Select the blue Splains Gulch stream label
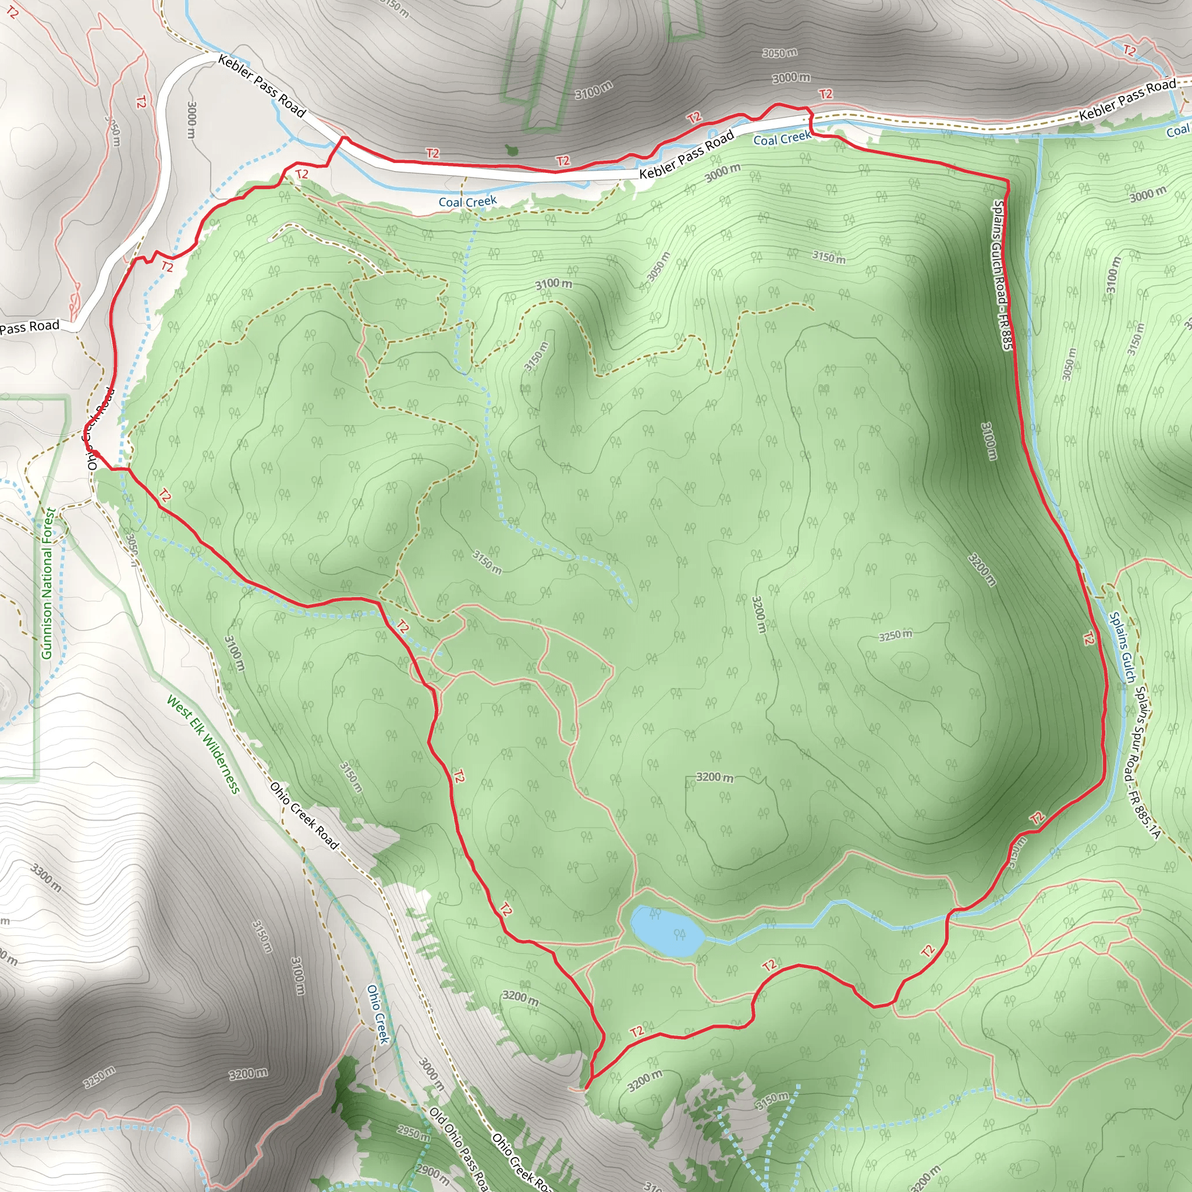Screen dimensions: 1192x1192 pyautogui.click(x=1122, y=647)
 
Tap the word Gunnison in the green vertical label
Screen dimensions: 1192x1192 pyautogui.click(x=47, y=629)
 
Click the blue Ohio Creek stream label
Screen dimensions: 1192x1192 pyautogui.click(x=378, y=1014)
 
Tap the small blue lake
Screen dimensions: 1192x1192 pyautogui.click(x=666, y=931)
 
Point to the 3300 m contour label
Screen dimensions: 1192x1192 pyautogui.click(x=47, y=878)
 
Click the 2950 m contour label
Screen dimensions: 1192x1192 pyautogui.click(x=413, y=1133)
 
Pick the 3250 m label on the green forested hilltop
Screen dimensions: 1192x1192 pyautogui.click(x=895, y=635)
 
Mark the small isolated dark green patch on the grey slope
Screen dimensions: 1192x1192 pyautogui.click(x=511, y=150)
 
